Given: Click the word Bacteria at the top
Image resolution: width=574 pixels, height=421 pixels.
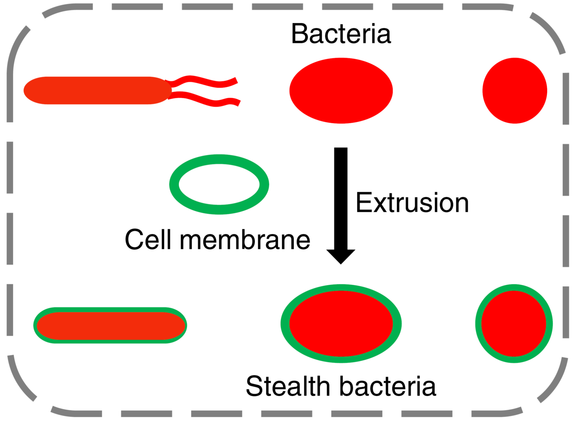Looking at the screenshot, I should click(341, 34).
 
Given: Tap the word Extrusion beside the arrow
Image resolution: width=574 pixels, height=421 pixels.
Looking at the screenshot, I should click(412, 203).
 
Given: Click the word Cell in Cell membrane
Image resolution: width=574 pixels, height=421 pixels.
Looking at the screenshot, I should click(148, 240).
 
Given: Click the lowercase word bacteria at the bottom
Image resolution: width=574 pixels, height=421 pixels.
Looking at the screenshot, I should click(388, 386).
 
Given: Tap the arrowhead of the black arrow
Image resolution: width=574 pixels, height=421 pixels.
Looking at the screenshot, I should click(341, 256).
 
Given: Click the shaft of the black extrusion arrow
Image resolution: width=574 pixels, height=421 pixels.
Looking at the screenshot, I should click(341, 197).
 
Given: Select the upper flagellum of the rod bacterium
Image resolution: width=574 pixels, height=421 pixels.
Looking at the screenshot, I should click(203, 81).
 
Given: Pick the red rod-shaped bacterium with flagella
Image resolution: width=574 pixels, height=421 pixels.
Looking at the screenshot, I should click(97, 90).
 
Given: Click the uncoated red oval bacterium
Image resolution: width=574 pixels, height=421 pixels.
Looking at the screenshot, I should click(341, 90).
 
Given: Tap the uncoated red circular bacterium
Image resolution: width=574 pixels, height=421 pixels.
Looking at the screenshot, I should click(515, 90).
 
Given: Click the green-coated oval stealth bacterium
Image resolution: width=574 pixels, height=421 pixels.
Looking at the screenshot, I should click(341, 324).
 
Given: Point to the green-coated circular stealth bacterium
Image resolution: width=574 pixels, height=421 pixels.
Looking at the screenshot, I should click(514, 324).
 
